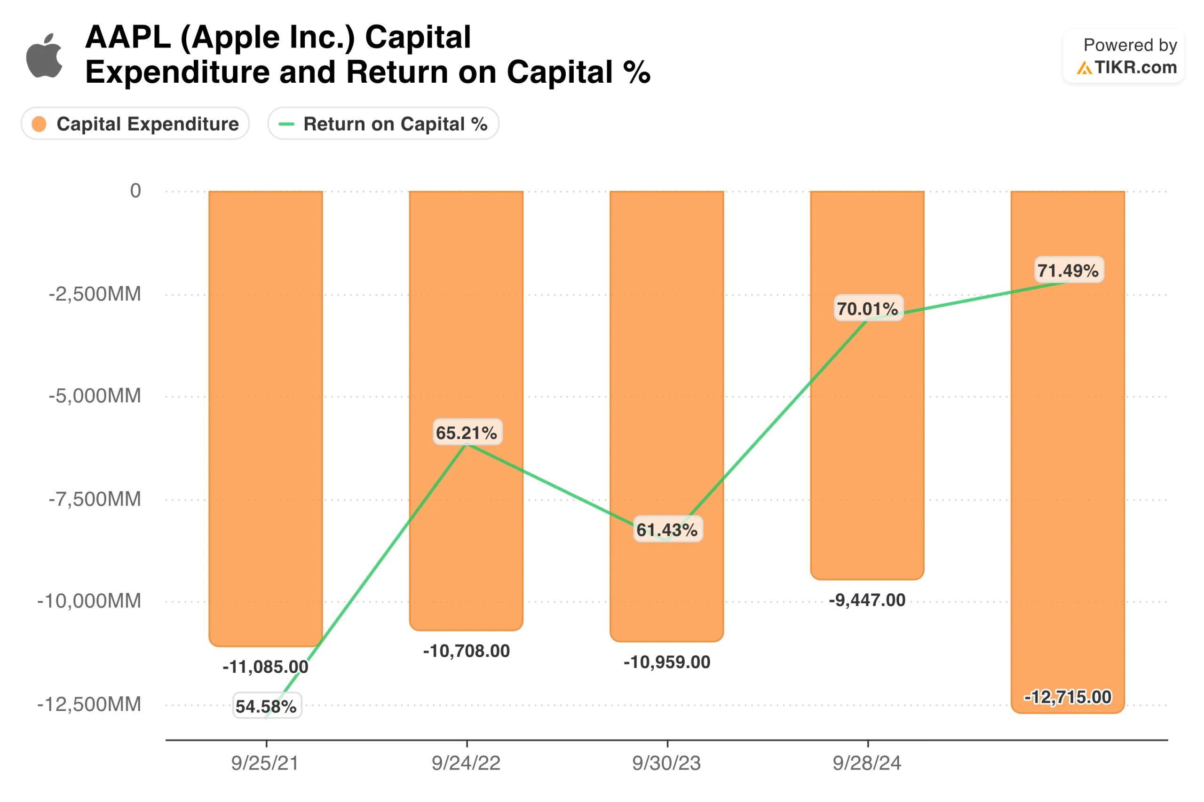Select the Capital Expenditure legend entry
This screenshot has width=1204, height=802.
click(135, 124)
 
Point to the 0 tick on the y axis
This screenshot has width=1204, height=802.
click(135, 191)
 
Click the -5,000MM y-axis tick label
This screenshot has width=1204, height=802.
click(95, 396)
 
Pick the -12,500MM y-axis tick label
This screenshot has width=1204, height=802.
click(89, 704)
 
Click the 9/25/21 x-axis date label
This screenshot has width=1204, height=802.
click(264, 763)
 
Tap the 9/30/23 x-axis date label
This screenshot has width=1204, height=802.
click(666, 763)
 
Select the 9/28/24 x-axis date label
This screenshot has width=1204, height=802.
click(867, 763)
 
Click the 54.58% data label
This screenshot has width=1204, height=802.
click(266, 707)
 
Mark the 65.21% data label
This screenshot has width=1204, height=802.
click(467, 432)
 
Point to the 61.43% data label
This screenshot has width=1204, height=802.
click(667, 530)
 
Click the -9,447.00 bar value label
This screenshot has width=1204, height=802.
click(867, 600)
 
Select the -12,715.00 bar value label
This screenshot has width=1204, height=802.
click(1068, 697)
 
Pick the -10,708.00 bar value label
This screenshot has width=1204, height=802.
click(466, 651)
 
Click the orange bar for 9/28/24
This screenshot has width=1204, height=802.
click(867, 435)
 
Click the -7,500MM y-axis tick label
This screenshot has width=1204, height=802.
click(95, 499)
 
